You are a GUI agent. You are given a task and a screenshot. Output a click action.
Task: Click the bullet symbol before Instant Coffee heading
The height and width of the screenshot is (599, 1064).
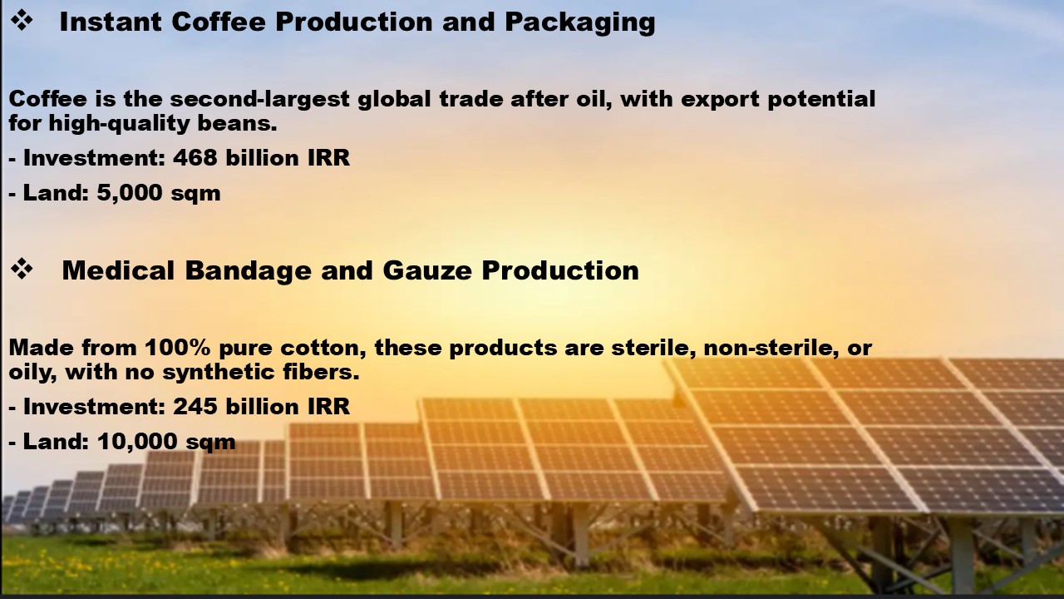coord(22,21)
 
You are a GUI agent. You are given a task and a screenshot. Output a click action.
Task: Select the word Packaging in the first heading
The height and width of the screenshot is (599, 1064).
coord(580,22)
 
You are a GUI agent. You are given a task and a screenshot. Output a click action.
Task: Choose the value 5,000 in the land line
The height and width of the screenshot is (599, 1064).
coord(130,193)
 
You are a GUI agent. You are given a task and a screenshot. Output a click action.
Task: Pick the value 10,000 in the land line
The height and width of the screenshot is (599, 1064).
coord(137,442)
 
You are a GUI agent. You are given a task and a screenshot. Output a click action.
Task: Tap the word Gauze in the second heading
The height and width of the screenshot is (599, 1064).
coord(427,270)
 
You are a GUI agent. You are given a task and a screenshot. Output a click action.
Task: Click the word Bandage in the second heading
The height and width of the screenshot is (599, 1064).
coord(249,271)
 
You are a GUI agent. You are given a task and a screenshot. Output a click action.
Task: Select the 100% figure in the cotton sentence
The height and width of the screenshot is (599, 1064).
coord(178,348)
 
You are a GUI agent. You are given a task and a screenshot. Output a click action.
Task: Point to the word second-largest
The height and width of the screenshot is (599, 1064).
coord(260,100)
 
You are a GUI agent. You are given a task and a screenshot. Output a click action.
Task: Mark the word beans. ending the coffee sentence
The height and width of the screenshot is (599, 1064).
coord(237,123)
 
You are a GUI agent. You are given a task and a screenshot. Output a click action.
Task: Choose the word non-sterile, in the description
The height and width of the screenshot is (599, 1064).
coord(771,349)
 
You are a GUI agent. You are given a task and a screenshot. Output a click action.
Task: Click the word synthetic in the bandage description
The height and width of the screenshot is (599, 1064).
coord(219,373)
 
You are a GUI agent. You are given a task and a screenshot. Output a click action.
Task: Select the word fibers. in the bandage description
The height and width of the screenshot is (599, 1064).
coord(321,372)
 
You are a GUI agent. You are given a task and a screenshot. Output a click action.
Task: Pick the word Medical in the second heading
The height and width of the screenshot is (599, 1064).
coord(118,270)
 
